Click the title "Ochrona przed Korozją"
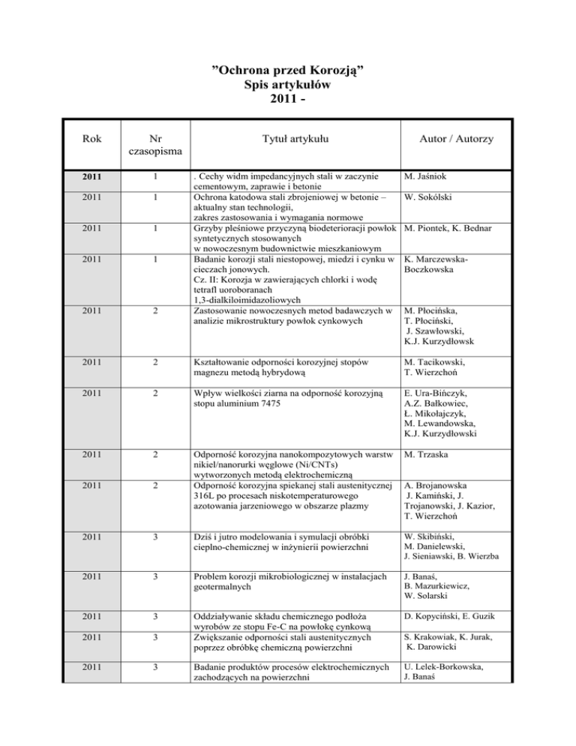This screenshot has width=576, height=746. pos(287,72)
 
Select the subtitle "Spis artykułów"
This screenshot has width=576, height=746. pos(287,86)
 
